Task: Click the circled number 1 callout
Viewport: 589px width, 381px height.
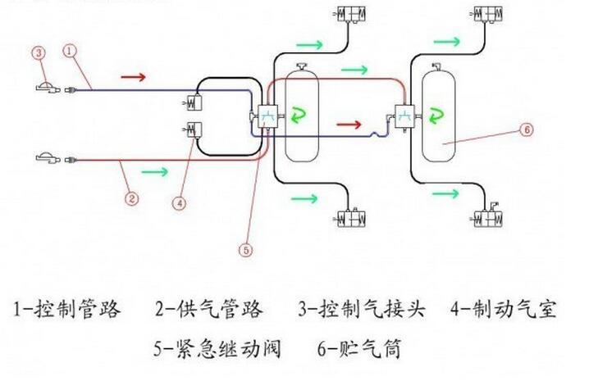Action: (71, 51)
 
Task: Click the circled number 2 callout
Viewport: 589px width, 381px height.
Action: (130, 197)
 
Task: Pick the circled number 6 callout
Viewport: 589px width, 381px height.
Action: (527, 129)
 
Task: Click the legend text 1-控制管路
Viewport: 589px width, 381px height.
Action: (68, 309)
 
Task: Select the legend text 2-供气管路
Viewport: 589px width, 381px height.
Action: (210, 309)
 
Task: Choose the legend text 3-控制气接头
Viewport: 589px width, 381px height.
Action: (362, 309)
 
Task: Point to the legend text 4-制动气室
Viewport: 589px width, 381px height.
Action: (504, 309)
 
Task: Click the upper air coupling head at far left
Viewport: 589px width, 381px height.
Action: (48, 88)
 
